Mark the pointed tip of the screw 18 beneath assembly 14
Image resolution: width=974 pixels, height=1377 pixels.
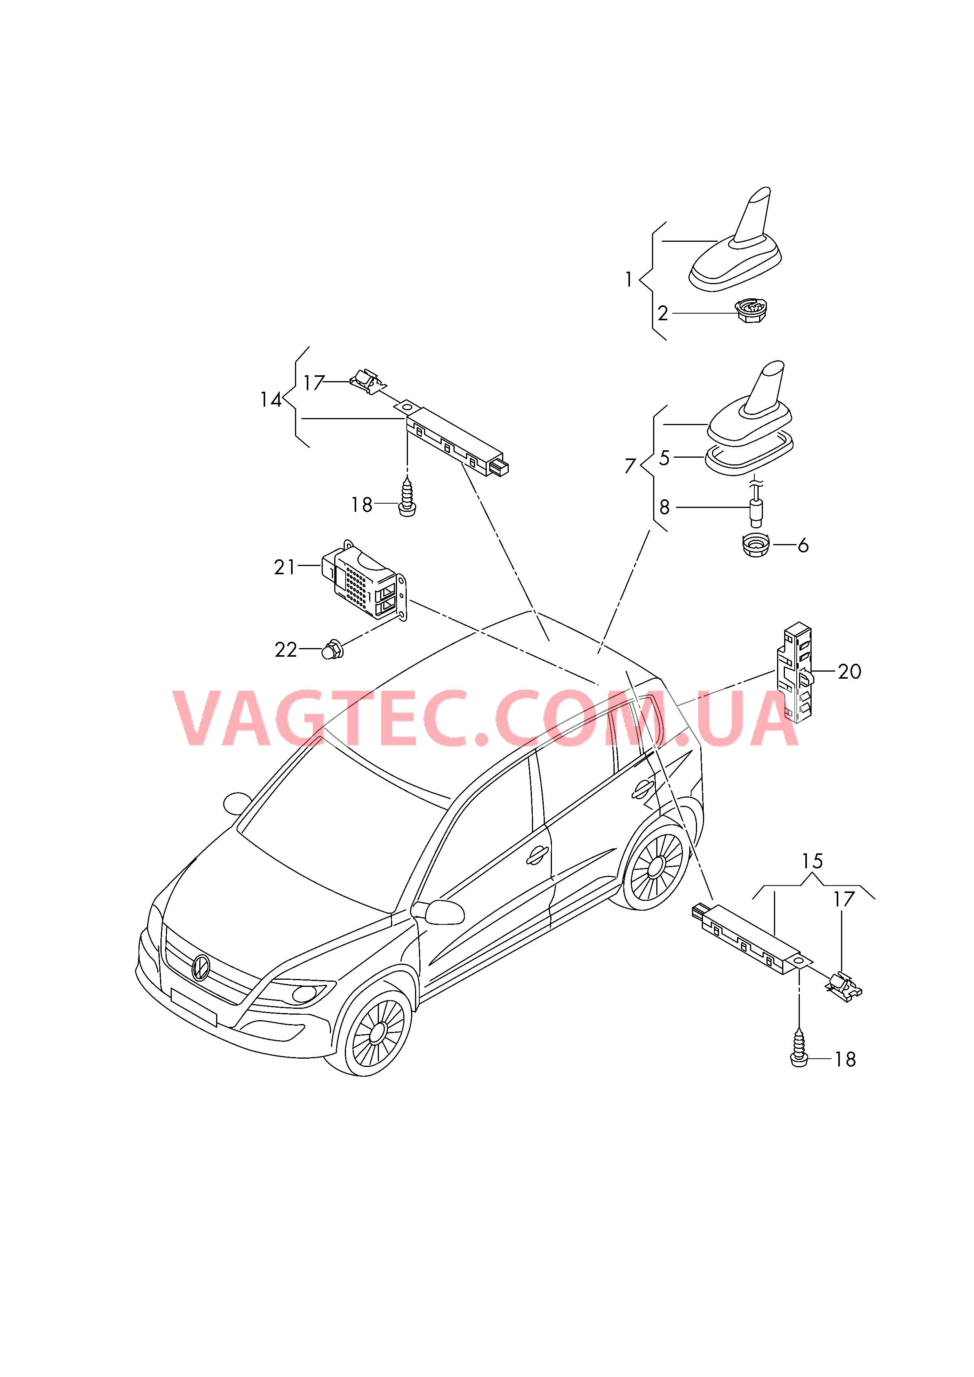(407, 477)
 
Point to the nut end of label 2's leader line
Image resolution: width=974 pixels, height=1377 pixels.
(737, 313)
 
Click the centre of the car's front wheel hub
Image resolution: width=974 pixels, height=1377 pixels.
(378, 1032)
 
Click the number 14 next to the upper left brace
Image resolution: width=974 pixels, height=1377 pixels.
(271, 400)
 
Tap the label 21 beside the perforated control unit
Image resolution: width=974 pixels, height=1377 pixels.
(285, 567)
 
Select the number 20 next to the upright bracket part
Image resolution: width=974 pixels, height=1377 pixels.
(849, 671)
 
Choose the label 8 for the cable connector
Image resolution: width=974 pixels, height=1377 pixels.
(665, 508)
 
